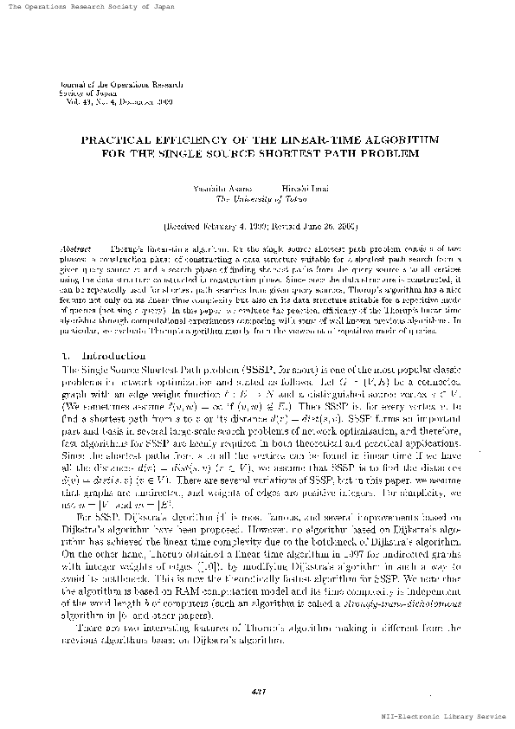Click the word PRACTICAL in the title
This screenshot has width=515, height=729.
click(117, 139)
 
